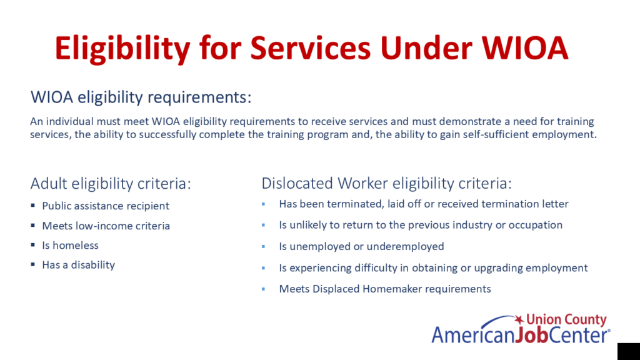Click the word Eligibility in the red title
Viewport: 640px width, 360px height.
click(x=122, y=49)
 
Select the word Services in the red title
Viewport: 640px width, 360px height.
click(x=310, y=48)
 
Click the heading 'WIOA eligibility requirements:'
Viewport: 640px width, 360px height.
click(x=141, y=97)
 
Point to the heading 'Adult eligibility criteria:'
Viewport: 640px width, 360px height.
click(x=111, y=184)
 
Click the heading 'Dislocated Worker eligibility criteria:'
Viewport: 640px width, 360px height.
click(x=386, y=184)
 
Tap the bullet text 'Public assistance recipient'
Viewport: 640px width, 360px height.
click(x=106, y=206)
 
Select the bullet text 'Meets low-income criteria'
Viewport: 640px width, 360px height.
click(x=106, y=226)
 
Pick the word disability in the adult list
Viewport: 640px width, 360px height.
click(x=93, y=265)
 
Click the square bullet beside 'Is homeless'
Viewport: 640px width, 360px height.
click(x=32, y=245)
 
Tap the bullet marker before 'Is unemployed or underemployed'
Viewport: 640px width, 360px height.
click(x=263, y=246)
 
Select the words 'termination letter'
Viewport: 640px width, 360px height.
click(x=525, y=204)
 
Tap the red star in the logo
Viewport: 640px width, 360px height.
click(x=519, y=319)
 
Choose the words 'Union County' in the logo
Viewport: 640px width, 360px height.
click(x=566, y=319)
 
